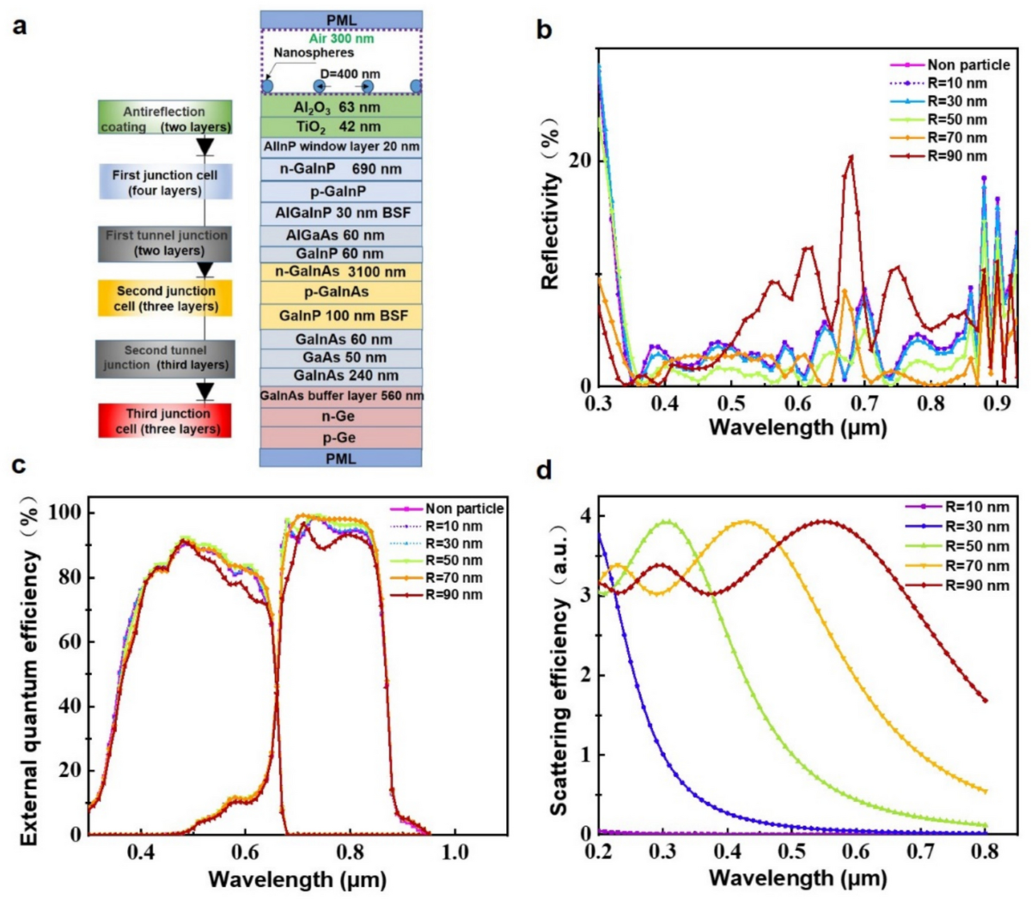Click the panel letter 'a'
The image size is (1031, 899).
[x=20, y=25]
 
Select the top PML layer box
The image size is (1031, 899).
[x=341, y=20]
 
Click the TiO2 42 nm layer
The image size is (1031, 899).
[x=341, y=126]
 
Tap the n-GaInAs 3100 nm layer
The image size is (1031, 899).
[x=341, y=272]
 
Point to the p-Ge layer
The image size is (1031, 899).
[x=341, y=437]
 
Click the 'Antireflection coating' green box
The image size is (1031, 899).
[x=165, y=118]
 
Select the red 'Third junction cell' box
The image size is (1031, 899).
[x=165, y=421]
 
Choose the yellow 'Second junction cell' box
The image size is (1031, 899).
[x=165, y=298]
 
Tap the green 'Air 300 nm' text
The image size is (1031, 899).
[x=341, y=39]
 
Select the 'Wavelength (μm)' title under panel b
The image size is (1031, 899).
[x=797, y=426]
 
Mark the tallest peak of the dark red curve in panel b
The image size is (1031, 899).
[x=851, y=157]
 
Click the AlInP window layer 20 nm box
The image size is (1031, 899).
[x=341, y=147]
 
